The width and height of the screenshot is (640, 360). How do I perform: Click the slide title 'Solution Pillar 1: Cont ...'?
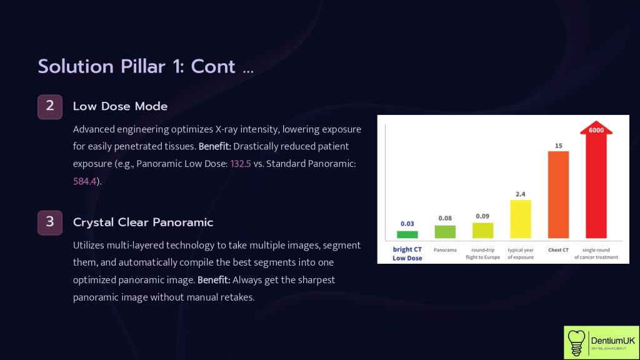146,66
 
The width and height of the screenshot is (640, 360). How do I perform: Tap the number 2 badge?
50,106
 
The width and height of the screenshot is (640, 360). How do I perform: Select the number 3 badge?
50,222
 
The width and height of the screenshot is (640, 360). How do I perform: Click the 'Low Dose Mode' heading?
120,106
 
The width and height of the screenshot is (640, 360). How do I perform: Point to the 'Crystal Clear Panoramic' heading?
143,222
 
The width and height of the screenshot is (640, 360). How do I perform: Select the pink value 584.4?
85,181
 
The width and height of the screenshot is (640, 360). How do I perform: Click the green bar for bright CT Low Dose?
407,234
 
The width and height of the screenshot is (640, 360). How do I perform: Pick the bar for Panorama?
445,231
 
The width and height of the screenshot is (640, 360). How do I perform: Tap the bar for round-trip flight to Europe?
482,230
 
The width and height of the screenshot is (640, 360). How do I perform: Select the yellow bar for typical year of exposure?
521,219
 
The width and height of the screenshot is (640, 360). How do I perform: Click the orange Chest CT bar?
558,194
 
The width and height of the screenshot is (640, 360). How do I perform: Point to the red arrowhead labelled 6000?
596,130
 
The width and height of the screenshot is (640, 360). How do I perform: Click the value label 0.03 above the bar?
407,224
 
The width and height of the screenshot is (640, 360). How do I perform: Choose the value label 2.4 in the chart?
521,194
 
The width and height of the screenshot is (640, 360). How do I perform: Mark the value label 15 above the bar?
558,146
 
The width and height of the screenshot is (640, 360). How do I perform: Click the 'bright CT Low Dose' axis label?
407,253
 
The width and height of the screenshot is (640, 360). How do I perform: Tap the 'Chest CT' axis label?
558,249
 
